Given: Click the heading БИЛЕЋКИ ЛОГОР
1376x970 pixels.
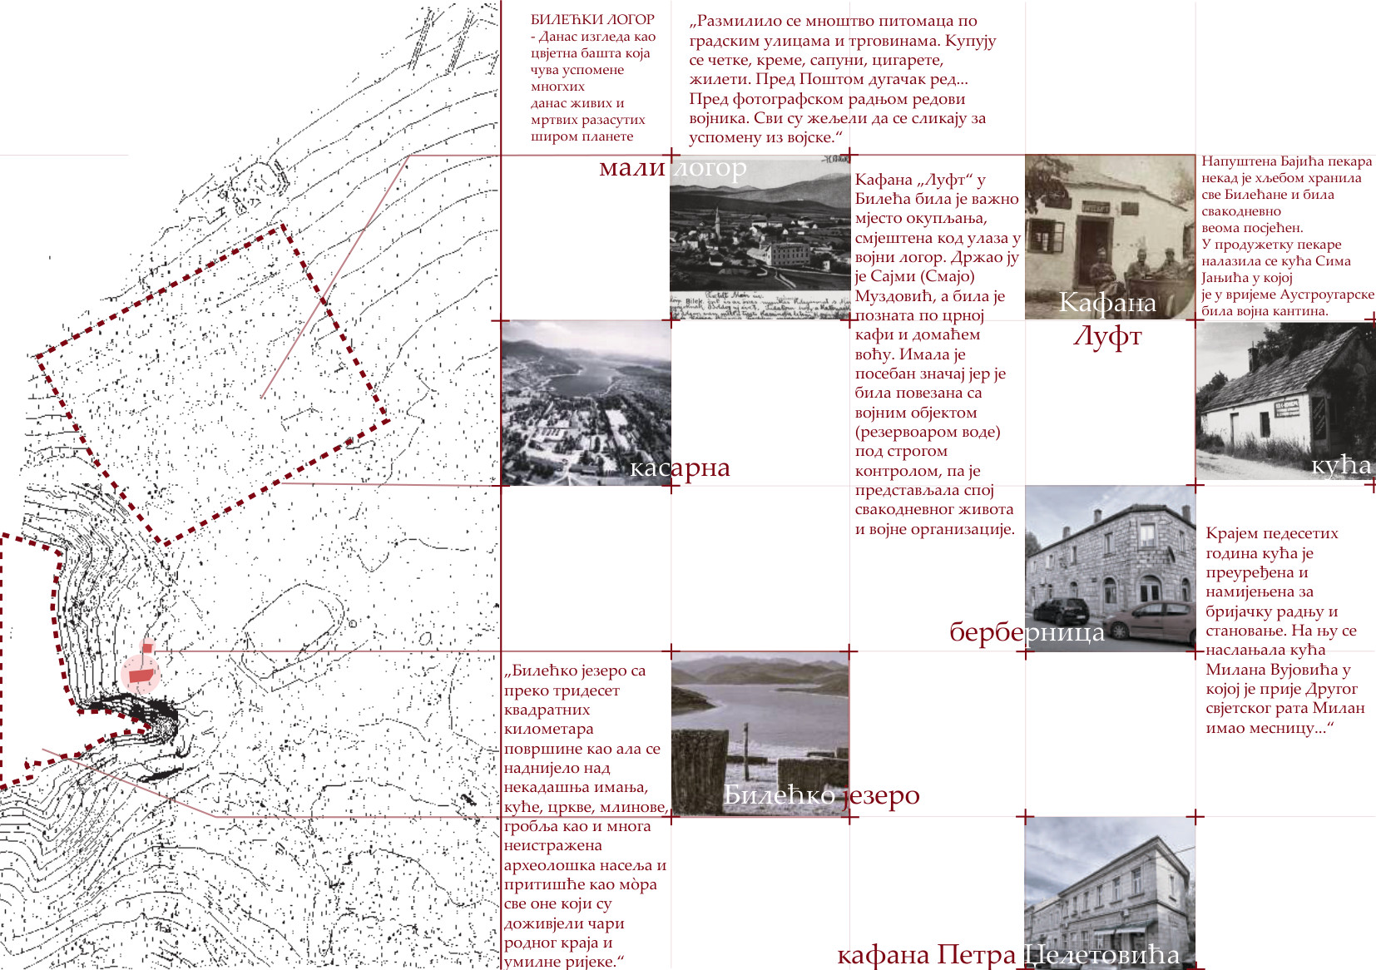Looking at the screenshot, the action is (x=592, y=20).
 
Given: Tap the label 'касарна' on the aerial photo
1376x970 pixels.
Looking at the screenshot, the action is (x=680, y=468).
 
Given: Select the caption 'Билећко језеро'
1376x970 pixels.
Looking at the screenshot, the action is (x=821, y=795).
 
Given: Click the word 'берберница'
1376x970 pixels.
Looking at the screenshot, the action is (x=1027, y=631).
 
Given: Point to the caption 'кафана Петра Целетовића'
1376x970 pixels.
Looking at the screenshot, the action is (x=1008, y=955).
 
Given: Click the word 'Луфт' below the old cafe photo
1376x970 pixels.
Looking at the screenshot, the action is (x=1107, y=337).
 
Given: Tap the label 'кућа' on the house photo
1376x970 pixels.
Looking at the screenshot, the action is (x=1341, y=466).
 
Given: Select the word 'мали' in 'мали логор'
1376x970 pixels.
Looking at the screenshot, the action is (x=632, y=167).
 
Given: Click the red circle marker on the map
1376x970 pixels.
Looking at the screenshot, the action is (x=140, y=675).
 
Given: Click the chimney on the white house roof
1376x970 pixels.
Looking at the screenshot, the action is (x=1252, y=358).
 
